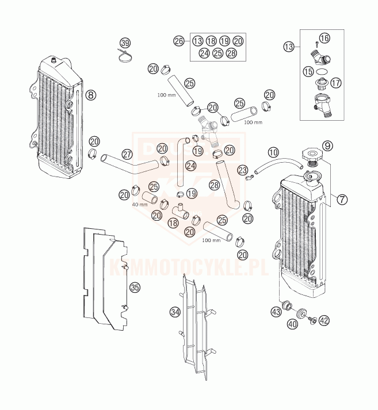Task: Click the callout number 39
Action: (125, 43)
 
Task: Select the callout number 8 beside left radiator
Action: (91, 95)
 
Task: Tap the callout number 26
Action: (179, 41)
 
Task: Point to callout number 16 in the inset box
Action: (324, 39)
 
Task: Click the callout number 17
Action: (336, 82)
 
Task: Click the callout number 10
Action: (274, 152)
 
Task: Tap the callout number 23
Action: (243, 170)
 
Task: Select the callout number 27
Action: (128, 154)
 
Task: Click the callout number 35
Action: (135, 286)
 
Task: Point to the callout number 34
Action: (175, 312)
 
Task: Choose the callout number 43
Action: (276, 312)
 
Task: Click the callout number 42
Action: (324, 320)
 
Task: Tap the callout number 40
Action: (293, 324)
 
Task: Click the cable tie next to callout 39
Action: (123, 56)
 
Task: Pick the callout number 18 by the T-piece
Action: (171, 223)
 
